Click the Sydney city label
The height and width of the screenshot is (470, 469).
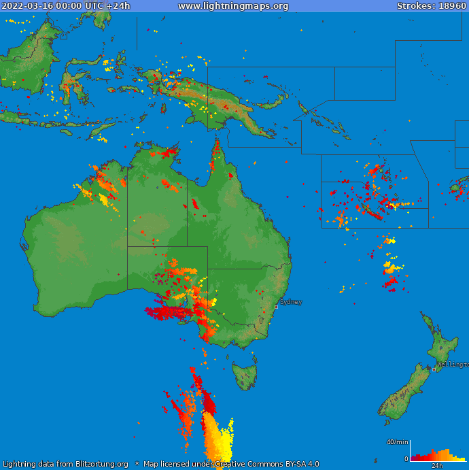pyautogui.click(x=291, y=302)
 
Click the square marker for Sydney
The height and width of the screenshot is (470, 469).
pyautogui.click(x=276, y=307)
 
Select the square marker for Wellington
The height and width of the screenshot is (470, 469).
pyautogui.click(x=434, y=369)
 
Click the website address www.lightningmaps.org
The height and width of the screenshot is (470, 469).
pyautogui.click(x=233, y=6)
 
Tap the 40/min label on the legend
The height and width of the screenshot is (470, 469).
pyautogui.click(x=397, y=442)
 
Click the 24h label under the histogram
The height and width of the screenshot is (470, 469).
pyautogui.click(x=437, y=466)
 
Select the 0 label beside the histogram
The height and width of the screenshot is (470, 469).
pyautogui.click(x=406, y=459)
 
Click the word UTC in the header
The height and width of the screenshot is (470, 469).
pyautogui.click(x=94, y=6)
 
